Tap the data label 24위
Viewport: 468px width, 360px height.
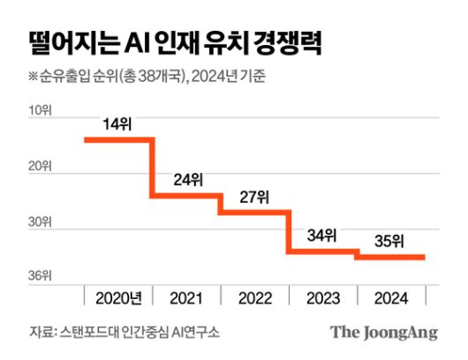coord(187,180)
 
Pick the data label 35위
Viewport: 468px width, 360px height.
coord(389,240)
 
